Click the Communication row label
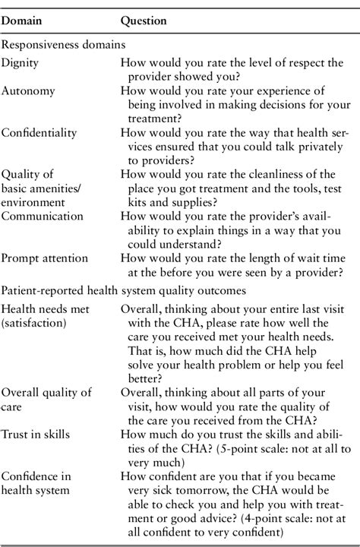[x=42, y=216]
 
